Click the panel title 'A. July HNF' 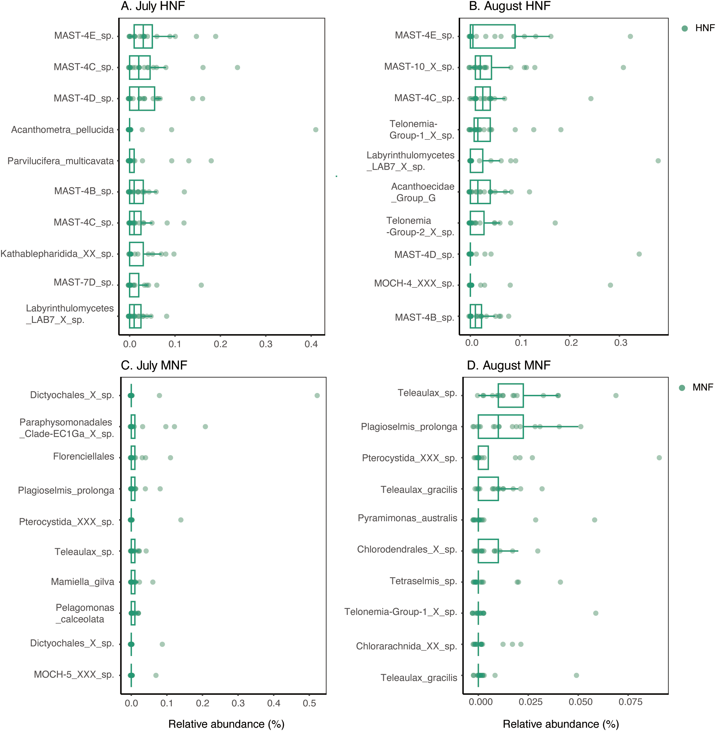click(153, 6)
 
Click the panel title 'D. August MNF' click(508, 365)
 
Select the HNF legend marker click(684, 28)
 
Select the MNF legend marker click(682, 387)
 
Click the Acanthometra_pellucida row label click(62, 130)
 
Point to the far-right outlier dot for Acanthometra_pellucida click(315, 130)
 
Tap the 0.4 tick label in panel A click(311, 344)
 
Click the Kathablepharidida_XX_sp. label click(57, 254)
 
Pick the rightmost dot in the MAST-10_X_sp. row click(623, 68)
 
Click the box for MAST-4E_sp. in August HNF click(493, 37)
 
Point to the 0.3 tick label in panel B click(621, 343)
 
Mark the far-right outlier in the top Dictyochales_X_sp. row click(317, 396)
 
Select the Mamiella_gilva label click(82, 582)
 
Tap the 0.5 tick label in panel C click(309, 703)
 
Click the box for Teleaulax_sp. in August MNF click(510, 396)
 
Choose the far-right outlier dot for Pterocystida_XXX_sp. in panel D click(659, 458)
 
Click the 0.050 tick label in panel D click(580, 702)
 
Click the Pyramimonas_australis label click(407, 518)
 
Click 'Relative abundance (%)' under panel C click(226, 724)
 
